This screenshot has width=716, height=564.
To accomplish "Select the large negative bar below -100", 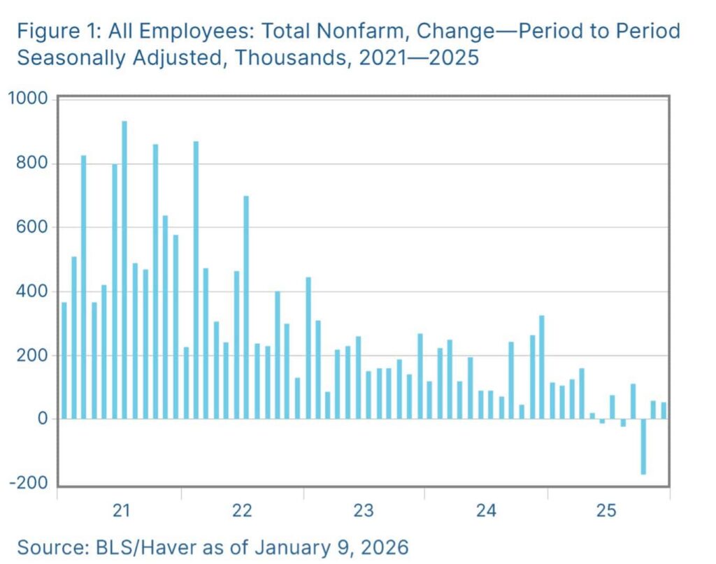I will pyautogui.click(x=643, y=447).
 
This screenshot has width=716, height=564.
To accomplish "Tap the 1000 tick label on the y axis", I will pyautogui.click(x=28, y=99).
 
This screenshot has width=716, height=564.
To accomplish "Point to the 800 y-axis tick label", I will pyautogui.click(x=33, y=164).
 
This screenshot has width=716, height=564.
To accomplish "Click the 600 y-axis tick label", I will pyautogui.click(x=33, y=228).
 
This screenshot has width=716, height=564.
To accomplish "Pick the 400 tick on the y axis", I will pyautogui.click(x=33, y=291).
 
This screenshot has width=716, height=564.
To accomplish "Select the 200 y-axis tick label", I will pyautogui.click(x=33, y=356).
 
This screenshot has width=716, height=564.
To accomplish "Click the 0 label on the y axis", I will pyautogui.click(x=43, y=419).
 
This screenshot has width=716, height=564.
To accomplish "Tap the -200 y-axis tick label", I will pyautogui.click(x=29, y=484).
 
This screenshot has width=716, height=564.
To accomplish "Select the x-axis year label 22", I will pyautogui.click(x=242, y=512).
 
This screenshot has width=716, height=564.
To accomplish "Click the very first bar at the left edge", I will pyautogui.click(x=64, y=361).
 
